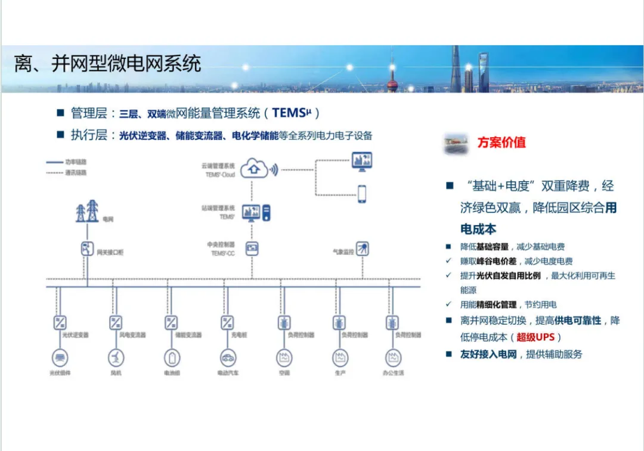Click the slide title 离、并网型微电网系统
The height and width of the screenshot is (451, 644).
pyautogui.click(x=108, y=64)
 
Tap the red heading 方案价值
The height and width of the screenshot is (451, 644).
pyautogui.click(x=501, y=143)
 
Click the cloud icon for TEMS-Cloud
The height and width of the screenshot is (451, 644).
pyautogui.click(x=255, y=168)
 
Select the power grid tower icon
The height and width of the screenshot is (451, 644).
pyautogui.click(x=87, y=211)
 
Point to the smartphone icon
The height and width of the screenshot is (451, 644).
pyautogui.click(x=361, y=194)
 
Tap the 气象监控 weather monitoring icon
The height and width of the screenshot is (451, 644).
pyautogui.click(x=362, y=249)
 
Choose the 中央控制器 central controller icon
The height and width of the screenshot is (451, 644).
pyautogui.click(x=252, y=248)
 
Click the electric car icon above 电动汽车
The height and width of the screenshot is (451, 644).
pyautogui.click(x=227, y=358)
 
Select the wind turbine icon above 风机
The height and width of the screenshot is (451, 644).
pyautogui.click(x=116, y=358)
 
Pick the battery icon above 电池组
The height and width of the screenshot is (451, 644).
pyautogui.click(x=172, y=358)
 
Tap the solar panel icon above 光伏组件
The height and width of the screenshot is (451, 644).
pyautogui.click(x=60, y=358)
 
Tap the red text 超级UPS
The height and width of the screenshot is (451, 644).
pyautogui.click(x=535, y=337)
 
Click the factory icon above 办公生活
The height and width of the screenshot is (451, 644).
pyautogui.click(x=394, y=358)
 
